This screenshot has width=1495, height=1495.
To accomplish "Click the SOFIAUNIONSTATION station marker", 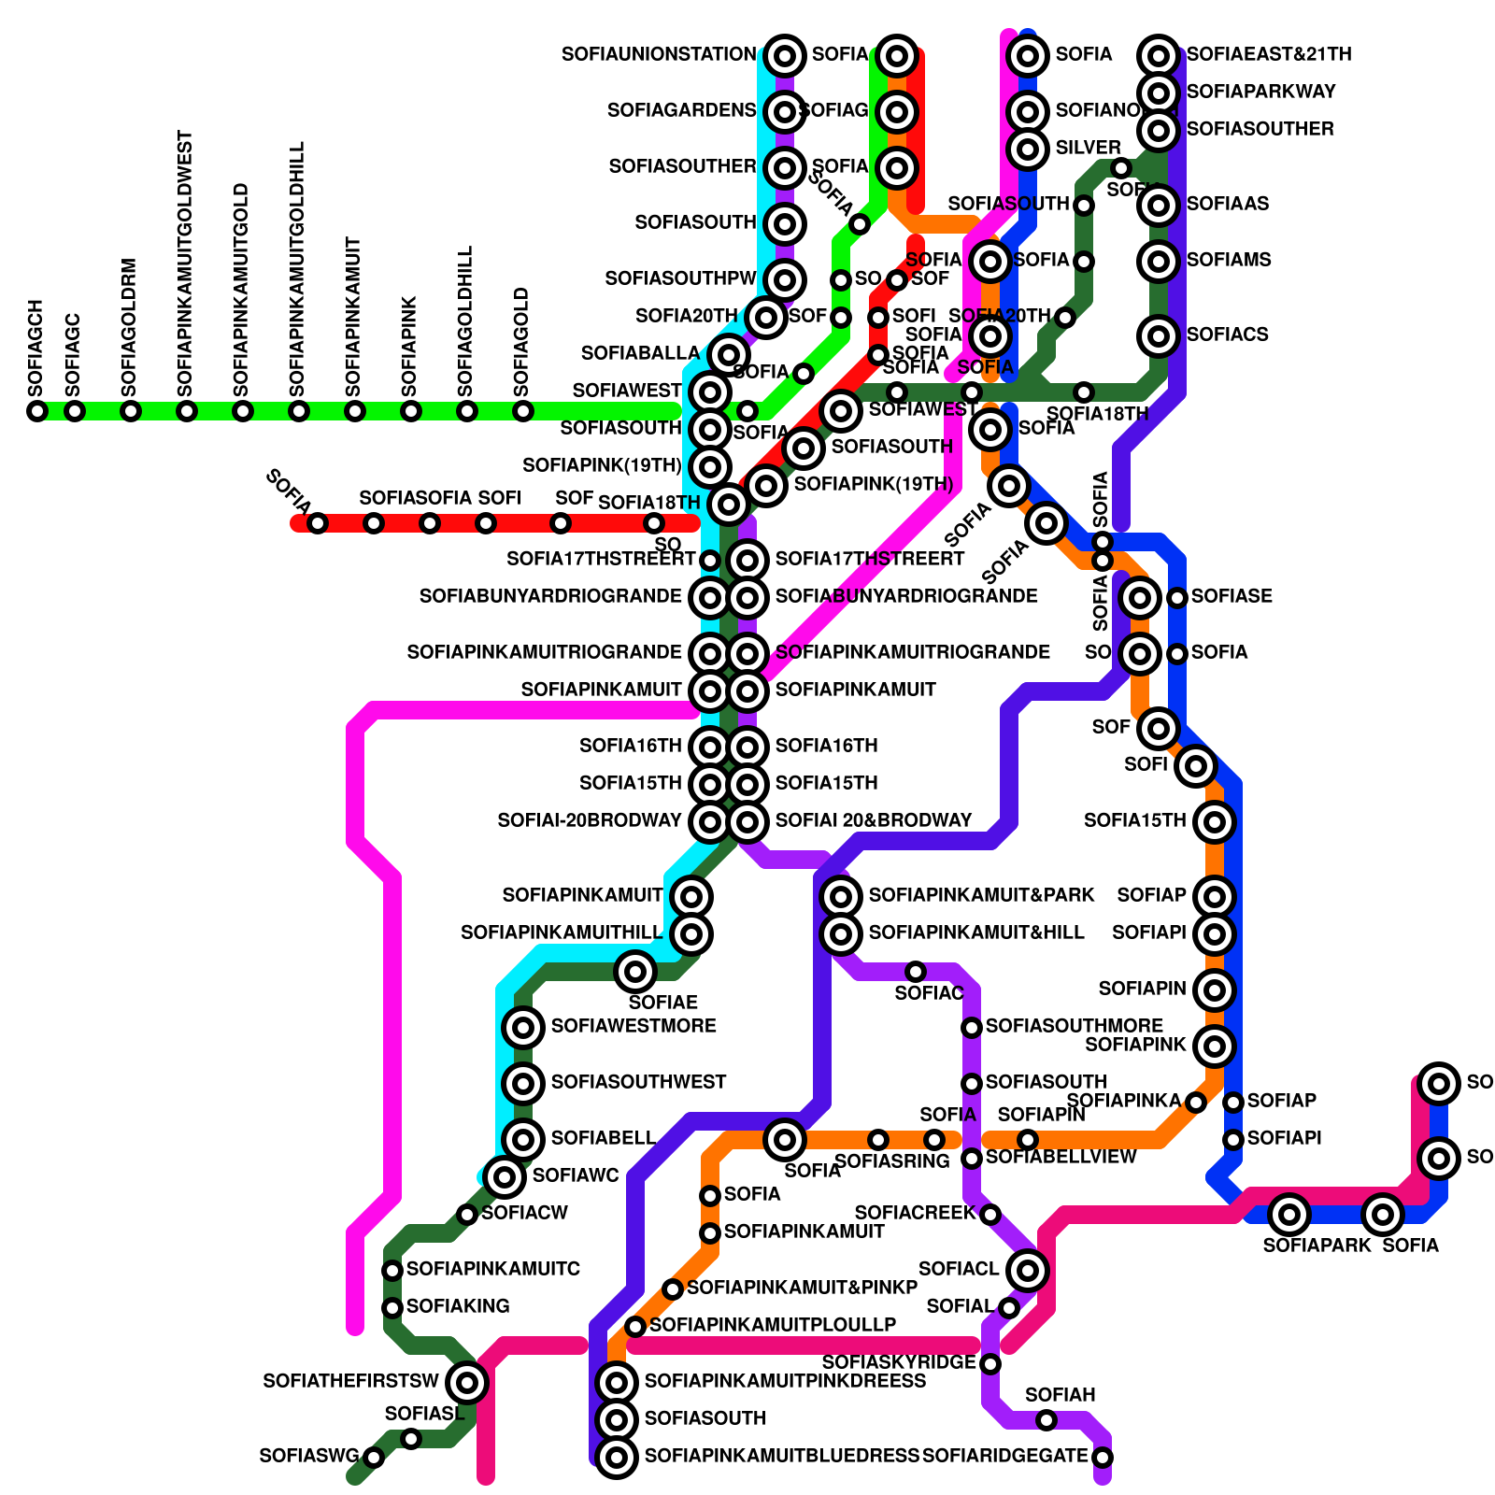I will pyautogui.click(x=785, y=56).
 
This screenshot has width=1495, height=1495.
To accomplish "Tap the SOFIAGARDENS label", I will pyautogui.click(x=681, y=111).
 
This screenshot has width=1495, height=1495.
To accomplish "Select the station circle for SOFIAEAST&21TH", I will pyautogui.click(x=1159, y=56).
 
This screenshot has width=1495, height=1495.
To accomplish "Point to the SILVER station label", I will pyautogui.click(x=1088, y=148).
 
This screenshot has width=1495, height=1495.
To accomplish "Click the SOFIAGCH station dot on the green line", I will pyautogui.click(x=37, y=411).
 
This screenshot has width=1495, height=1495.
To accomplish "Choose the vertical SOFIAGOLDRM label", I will pyautogui.click(x=130, y=328).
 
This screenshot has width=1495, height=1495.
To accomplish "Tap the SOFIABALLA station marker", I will pyautogui.click(x=728, y=355).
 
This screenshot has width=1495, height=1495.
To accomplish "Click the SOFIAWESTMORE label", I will pyautogui.click(x=634, y=1026).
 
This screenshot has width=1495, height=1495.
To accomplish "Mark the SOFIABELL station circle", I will pyautogui.click(x=523, y=1139).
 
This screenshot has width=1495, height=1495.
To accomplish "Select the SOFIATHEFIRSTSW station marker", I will pyautogui.click(x=467, y=1382).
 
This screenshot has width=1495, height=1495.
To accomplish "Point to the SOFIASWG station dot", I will pyautogui.click(x=374, y=1458).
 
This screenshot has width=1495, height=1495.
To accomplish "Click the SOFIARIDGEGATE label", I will pyautogui.click(x=1005, y=1457).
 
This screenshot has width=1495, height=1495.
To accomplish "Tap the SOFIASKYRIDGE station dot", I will pyautogui.click(x=990, y=1364).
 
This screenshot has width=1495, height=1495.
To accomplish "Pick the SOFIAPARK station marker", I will pyautogui.click(x=1289, y=1215).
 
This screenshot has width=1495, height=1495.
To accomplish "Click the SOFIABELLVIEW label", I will pyautogui.click(x=1061, y=1157).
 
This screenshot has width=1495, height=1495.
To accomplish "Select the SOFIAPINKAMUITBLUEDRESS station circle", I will pyautogui.click(x=617, y=1457).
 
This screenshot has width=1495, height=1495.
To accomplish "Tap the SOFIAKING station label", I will pyautogui.click(x=458, y=1306).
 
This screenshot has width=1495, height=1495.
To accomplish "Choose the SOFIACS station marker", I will pyautogui.click(x=1159, y=335).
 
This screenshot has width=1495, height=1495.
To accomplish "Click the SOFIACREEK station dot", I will pyautogui.click(x=990, y=1215).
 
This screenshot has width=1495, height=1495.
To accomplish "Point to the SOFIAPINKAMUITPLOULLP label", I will pyautogui.click(x=773, y=1325).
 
